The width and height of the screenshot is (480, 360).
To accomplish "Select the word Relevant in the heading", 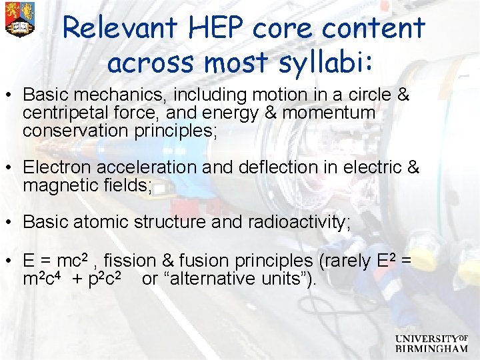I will tap(117, 28).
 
